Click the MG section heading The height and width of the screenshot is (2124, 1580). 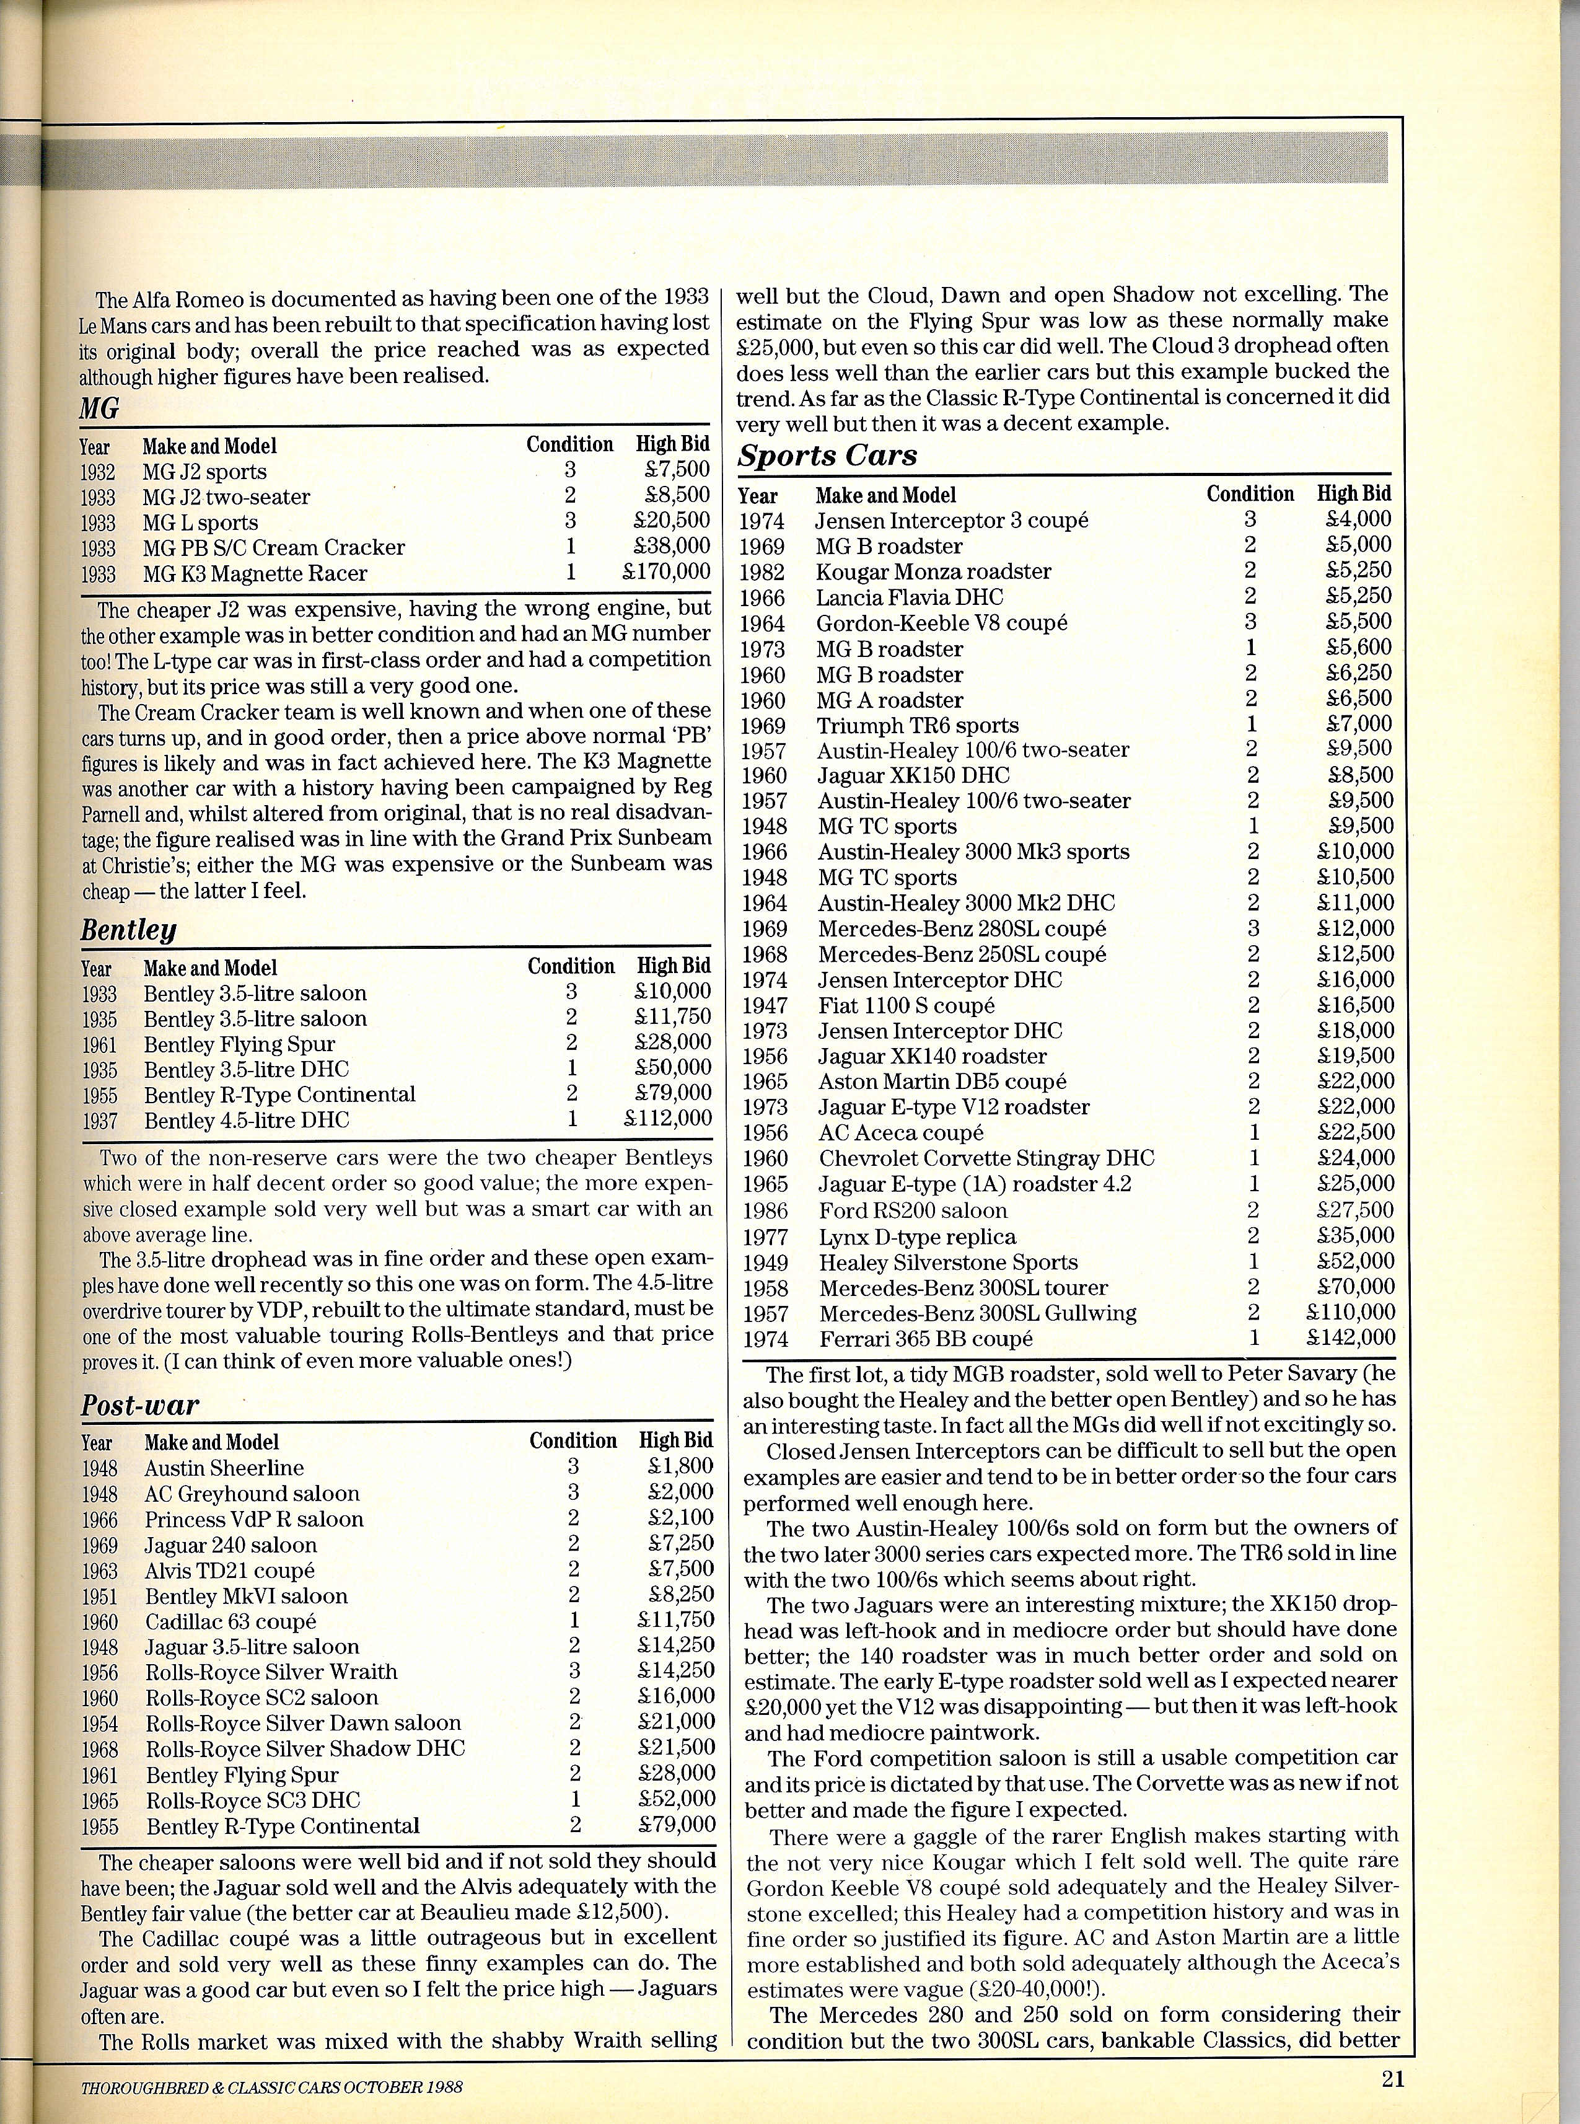click(x=100, y=410)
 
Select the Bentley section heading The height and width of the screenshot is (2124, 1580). click(x=128, y=930)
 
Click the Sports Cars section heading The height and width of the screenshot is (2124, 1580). click(x=827, y=456)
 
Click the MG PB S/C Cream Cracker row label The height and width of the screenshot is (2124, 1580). click(x=273, y=547)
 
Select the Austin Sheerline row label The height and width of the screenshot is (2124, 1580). click(x=224, y=1468)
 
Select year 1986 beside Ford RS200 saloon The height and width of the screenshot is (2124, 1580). click(x=764, y=1211)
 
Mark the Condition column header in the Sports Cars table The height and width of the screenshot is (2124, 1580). click(x=1249, y=494)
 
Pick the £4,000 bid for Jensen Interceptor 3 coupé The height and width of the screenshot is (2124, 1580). click(x=1358, y=519)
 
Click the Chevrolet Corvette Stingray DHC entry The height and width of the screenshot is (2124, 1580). click(x=986, y=1158)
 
